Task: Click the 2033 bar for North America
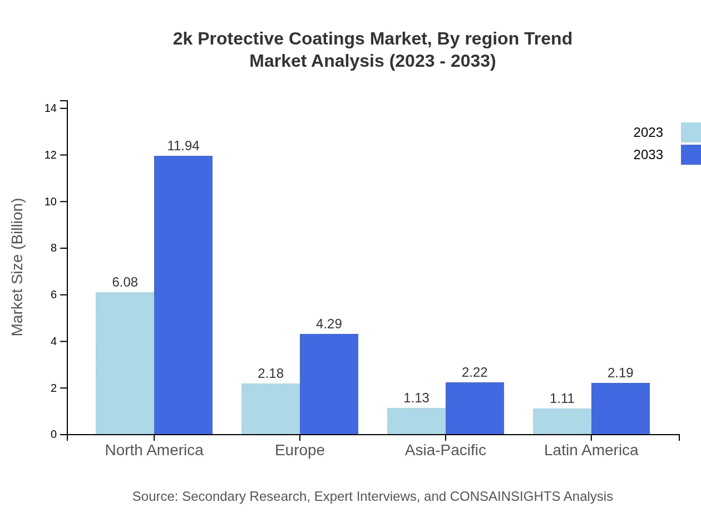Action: (x=183, y=295)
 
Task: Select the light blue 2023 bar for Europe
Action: (x=270, y=409)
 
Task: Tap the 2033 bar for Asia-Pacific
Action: (x=475, y=408)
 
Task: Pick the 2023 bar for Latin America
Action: (x=562, y=421)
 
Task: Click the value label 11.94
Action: (x=183, y=146)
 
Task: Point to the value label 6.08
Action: (x=125, y=282)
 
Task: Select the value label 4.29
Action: (x=329, y=324)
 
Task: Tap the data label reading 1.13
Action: (x=416, y=398)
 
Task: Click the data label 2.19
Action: (x=620, y=373)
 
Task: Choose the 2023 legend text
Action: (x=648, y=132)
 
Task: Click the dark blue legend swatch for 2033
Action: (x=690, y=155)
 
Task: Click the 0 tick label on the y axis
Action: (x=54, y=435)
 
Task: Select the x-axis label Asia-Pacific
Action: (x=445, y=450)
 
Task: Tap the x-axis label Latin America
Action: (x=591, y=450)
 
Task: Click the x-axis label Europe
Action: (x=299, y=450)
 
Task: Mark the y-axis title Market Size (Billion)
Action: (x=18, y=267)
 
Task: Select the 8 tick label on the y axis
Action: (x=54, y=248)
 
